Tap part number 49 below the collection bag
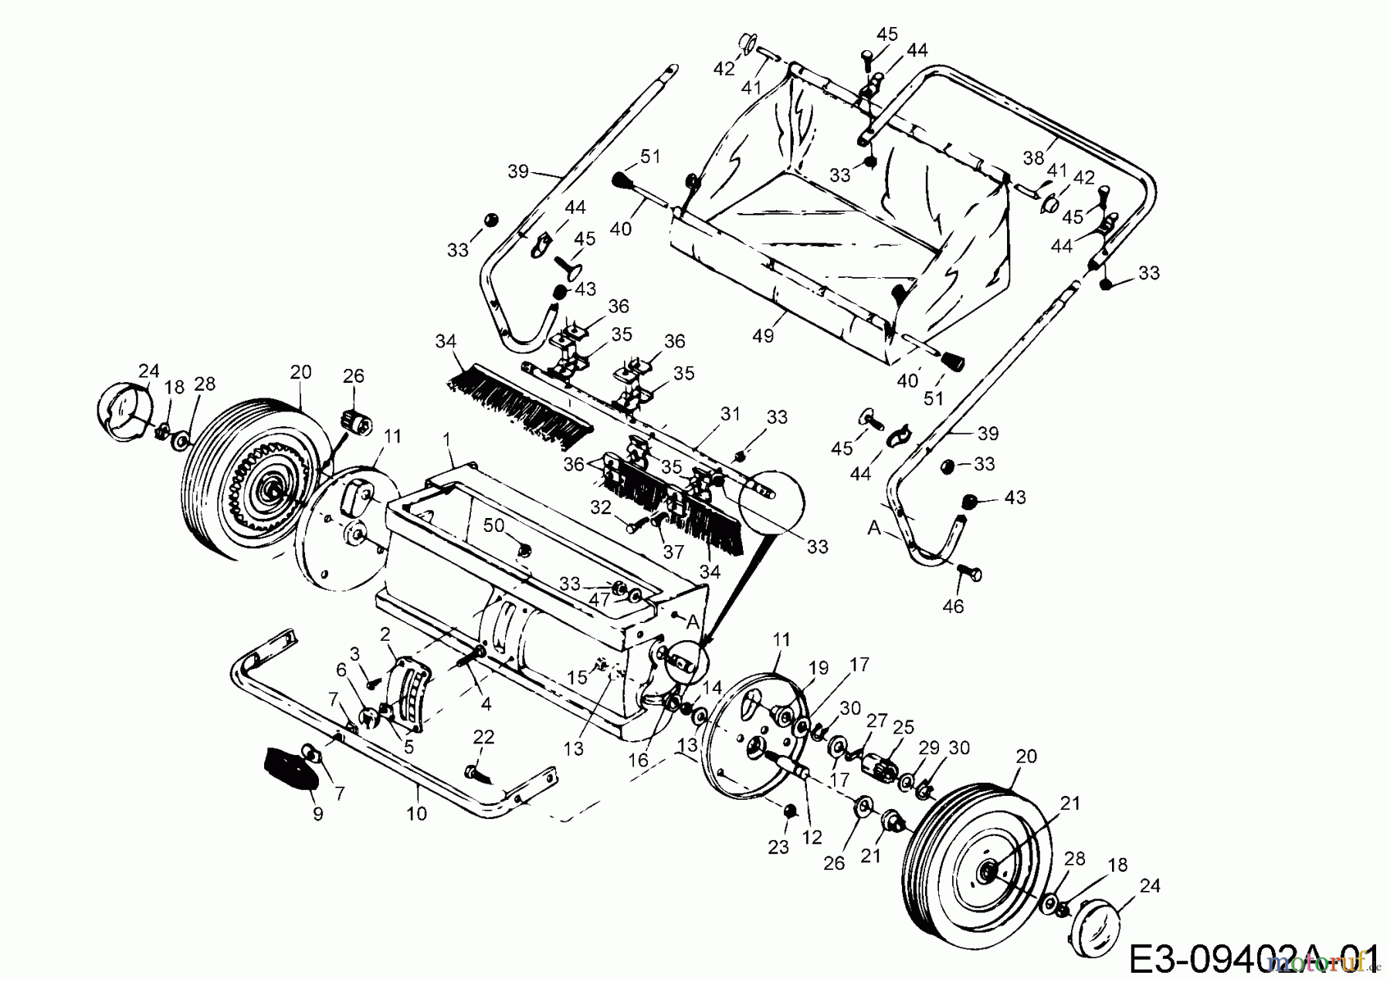coord(762,336)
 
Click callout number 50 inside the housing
coord(493,525)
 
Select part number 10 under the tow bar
coord(416,813)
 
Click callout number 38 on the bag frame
coord(1033,158)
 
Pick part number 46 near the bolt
coord(954,606)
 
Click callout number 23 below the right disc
coord(778,847)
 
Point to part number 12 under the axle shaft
coord(812,836)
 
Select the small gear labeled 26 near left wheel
coord(355,422)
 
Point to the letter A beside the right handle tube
coord(874,527)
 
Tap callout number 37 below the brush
coord(674,553)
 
